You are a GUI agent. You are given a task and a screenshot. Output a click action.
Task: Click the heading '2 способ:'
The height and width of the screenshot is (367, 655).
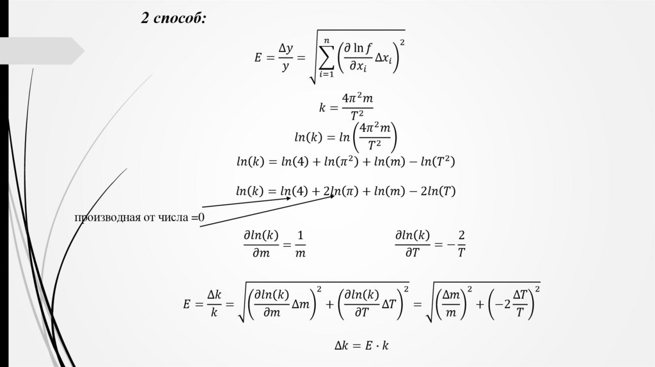[173, 19]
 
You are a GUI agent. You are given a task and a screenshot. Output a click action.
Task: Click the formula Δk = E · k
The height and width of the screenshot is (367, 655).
[361, 346]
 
